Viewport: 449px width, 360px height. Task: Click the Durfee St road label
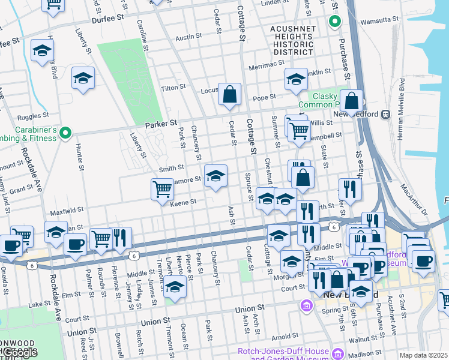(107, 19)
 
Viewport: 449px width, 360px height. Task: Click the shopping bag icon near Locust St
(229, 94)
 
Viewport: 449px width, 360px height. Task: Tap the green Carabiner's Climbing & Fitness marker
(67, 133)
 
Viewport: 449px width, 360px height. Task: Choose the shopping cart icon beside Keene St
(162, 190)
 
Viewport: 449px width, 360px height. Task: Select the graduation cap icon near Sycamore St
(216, 176)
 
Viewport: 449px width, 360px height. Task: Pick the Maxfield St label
(67, 211)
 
